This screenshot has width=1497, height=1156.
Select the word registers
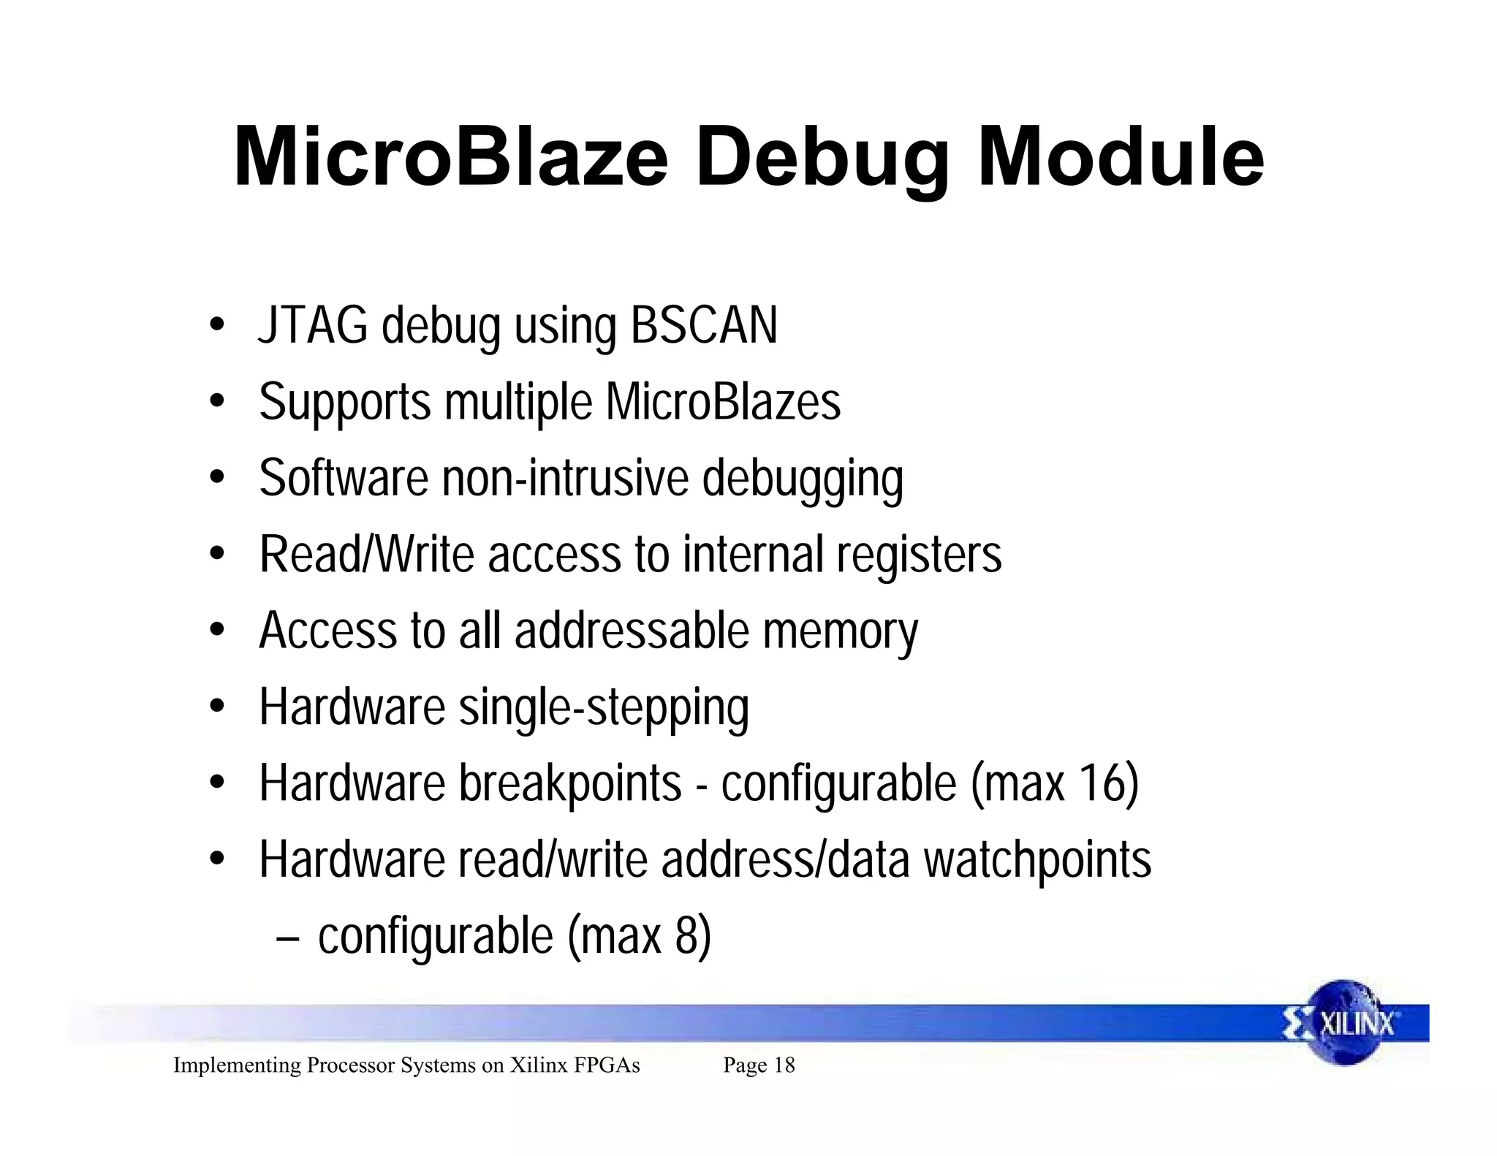click(x=919, y=555)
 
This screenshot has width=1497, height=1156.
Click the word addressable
click(x=632, y=631)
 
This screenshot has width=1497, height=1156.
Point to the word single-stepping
click(x=604, y=708)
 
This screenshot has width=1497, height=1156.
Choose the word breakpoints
click(x=570, y=783)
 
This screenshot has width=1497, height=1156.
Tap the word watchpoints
click(x=1037, y=860)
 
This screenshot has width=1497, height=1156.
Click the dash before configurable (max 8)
click(x=287, y=937)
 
